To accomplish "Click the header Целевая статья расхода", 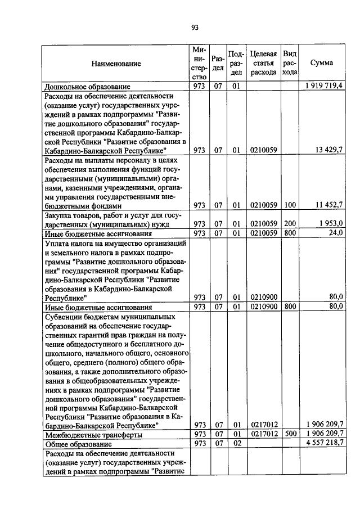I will pos(263,63).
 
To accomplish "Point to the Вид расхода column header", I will pos(290,63).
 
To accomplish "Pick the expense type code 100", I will pos(290,206).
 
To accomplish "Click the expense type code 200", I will pos(290,224).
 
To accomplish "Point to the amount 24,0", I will pos(336,233).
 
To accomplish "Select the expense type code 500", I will pos(290,435).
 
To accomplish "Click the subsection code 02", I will pos(236,444).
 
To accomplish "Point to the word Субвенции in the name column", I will pos(63,317).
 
